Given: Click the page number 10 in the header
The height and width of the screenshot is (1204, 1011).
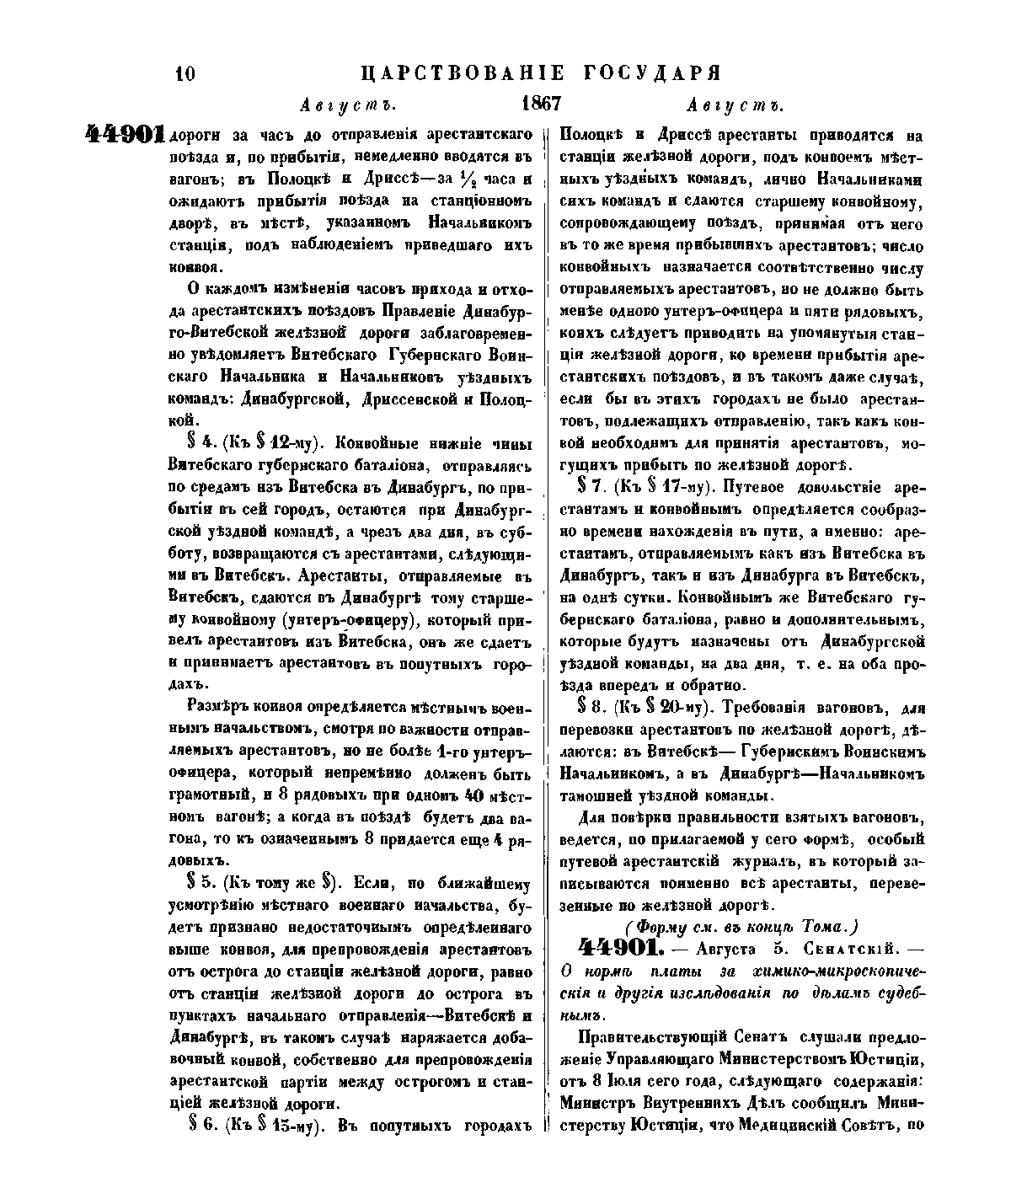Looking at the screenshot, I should pyautogui.click(x=185, y=74).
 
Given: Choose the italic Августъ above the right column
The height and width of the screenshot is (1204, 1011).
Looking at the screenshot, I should pyautogui.click(x=736, y=106).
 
